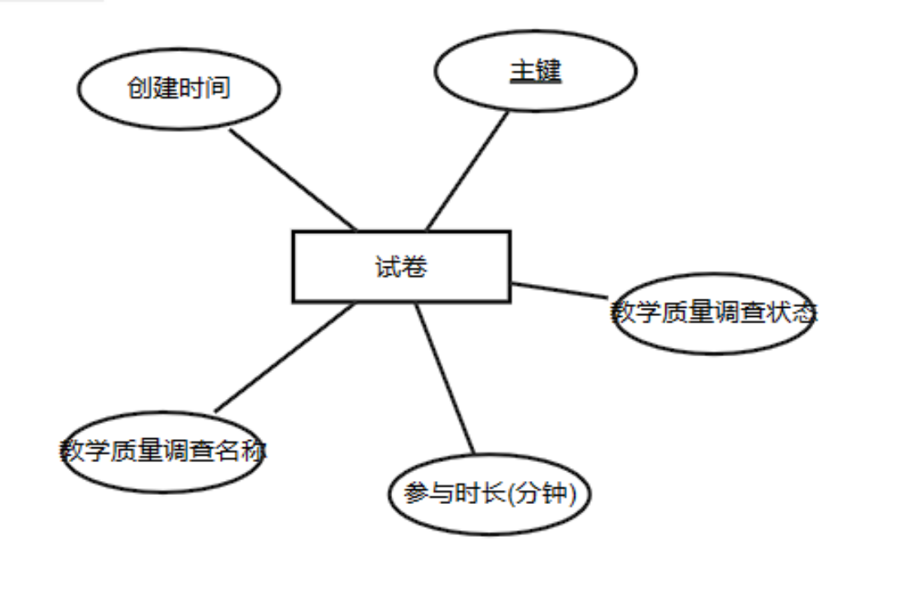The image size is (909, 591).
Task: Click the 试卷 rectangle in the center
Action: (x=401, y=267)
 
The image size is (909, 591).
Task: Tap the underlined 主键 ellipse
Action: (x=536, y=71)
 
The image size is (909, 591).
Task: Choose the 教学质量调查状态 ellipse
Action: (x=713, y=313)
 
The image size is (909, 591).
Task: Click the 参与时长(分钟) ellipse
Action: (x=489, y=494)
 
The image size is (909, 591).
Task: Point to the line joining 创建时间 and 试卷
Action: (x=293, y=180)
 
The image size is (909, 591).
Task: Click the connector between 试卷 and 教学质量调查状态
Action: (x=560, y=291)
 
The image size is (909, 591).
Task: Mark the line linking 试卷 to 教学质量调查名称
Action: (x=285, y=357)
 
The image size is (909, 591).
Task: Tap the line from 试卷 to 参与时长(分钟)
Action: (x=445, y=378)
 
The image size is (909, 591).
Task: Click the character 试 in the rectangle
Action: (x=388, y=268)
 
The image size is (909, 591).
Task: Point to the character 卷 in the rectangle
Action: (x=414, y=268)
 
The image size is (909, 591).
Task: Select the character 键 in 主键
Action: (x=548, y=71)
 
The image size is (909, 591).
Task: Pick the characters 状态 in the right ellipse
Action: (x=791, y=313)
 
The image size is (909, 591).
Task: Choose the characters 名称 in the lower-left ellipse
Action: (x=241, y=451)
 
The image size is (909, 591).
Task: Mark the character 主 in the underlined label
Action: (x=523, y=71)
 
